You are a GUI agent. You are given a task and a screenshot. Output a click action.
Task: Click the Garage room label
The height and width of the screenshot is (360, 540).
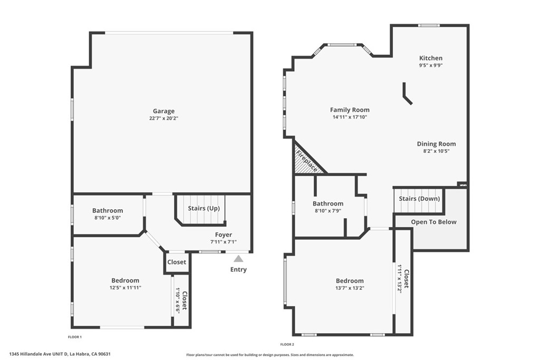(x=163, y=111)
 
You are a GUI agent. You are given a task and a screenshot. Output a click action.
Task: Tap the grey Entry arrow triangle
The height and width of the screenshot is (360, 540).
(x=238, y=259)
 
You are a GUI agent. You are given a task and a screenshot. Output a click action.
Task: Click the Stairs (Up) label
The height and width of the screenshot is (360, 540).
(x=204, y=208)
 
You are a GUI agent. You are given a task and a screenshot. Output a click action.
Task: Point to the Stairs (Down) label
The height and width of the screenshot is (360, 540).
(x=419, y=199)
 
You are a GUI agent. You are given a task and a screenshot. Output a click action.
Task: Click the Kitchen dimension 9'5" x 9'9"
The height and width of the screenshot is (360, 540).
(x=431, y=65)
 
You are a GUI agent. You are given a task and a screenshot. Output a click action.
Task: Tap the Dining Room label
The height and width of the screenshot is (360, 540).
(x=436, y=144)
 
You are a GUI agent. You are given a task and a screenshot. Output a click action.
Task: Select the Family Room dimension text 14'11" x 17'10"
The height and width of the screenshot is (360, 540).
(x=350, y=117)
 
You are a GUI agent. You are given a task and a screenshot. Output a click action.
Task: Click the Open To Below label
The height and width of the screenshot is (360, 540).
(x=433, y=222)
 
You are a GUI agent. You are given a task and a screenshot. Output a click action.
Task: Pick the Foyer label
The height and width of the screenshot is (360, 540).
(x=224, y=235)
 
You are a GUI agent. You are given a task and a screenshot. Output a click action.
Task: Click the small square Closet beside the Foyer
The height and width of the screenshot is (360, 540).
(x=177, y=262)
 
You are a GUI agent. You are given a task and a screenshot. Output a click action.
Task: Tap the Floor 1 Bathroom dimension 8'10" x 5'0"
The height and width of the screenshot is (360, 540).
(x=108, y=218)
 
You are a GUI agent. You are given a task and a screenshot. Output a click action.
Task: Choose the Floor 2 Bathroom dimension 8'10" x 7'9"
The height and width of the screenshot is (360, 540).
(x=328, y=211)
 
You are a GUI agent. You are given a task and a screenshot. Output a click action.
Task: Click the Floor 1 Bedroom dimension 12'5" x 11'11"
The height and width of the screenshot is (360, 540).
(x=126, y=288)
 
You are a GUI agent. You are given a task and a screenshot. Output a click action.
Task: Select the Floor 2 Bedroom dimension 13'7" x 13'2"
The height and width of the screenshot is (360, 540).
(x=350, y=288)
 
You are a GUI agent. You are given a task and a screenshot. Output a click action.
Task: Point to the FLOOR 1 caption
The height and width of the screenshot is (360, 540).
(x=75, y=337)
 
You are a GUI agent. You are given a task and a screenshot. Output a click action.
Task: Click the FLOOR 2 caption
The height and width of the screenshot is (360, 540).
(x=287, y=345)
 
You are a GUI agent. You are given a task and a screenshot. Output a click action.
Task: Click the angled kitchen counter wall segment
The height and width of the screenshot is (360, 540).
(x=408, y=93)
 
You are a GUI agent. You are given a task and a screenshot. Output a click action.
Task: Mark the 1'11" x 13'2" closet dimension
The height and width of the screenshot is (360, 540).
(x=400, y=278)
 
